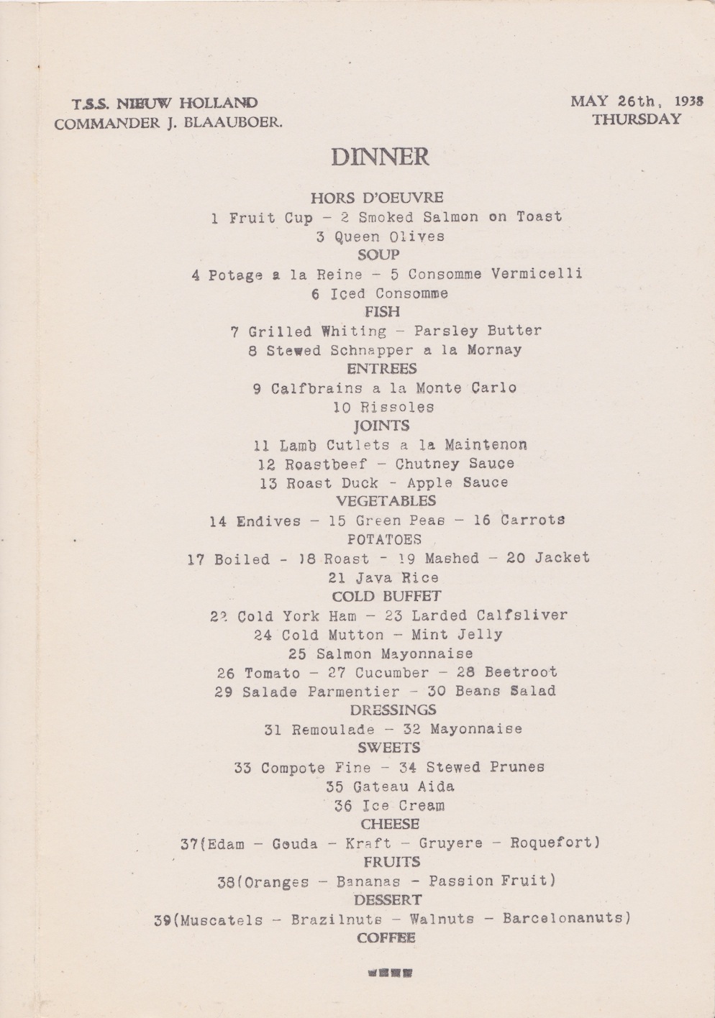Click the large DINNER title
tap(380, 157)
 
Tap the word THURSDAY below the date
tap(637, 120)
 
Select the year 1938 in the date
tap(689, 101)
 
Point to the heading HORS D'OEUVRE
tap(377, 197)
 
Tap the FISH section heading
tap(382, 312)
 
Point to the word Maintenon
tap(486, 445)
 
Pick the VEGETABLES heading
tap(386, 501)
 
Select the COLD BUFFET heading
tap(386, 596)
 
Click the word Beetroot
tap(521, 672)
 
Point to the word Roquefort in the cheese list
tap(555, 843)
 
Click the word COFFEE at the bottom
tap(386, 937)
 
